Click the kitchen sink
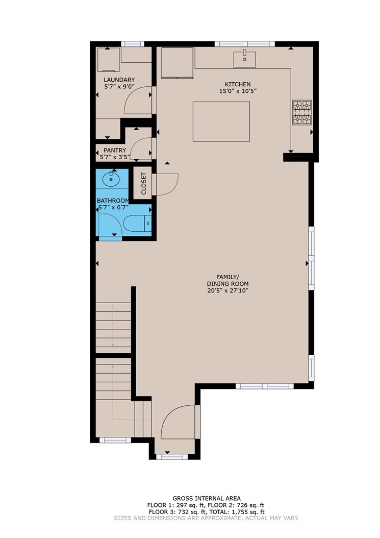pyautogui.click(x=244, y=59)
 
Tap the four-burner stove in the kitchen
pyautogui.click(x=302, y=112)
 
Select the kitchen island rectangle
pyautogui.click(x=221, y=121)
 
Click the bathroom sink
pyautogui.click(x=111, y=178)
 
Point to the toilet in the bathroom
pyautogui.click(x=137, y=224)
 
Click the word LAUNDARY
pyautogui.click(x=119, y=80)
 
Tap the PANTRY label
pyautogui.click(x=115, y=150)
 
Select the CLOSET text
pyautogui.click(x=143, y=183)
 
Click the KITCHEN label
pyautogui.click(x=238, y=84)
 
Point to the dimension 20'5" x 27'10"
pyautogui.click(x=227, y=290)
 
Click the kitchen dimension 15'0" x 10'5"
pyautogui.click(x=238, y=91)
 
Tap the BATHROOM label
pyautogui.click(x=113, y=201)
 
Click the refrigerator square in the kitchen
pyautogui.click(x=178, y=63)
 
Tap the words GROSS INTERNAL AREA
pyautogui.click(x=207, y=498)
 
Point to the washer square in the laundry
pyautogui.click(x=108, y=60)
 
